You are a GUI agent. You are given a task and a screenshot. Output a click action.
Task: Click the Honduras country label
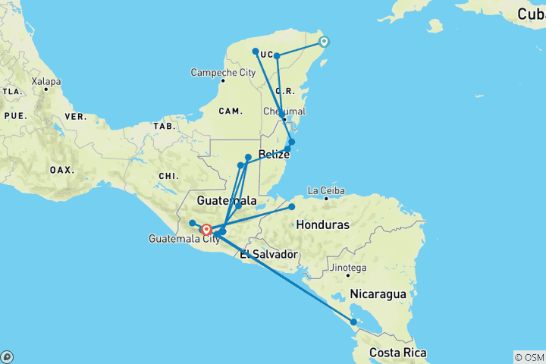[322, 225]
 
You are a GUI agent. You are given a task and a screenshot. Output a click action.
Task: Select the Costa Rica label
[398, 353]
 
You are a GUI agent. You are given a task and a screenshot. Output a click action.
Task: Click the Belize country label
[275, 155]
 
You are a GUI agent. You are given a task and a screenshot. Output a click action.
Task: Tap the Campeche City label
[223, 73]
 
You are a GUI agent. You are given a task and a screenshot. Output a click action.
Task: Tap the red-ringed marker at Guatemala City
[206, 229]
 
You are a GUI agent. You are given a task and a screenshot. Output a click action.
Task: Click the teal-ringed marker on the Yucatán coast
[323, 42]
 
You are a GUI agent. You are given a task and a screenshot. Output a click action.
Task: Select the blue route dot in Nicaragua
[353, 322]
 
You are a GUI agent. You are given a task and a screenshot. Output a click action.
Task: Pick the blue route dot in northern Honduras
[292, 206]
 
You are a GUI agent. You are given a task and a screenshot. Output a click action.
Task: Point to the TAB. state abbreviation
[163, 126]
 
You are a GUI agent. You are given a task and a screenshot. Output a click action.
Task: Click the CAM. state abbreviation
[230, 111]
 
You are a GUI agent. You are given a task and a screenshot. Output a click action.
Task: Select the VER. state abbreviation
[74, 116]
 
